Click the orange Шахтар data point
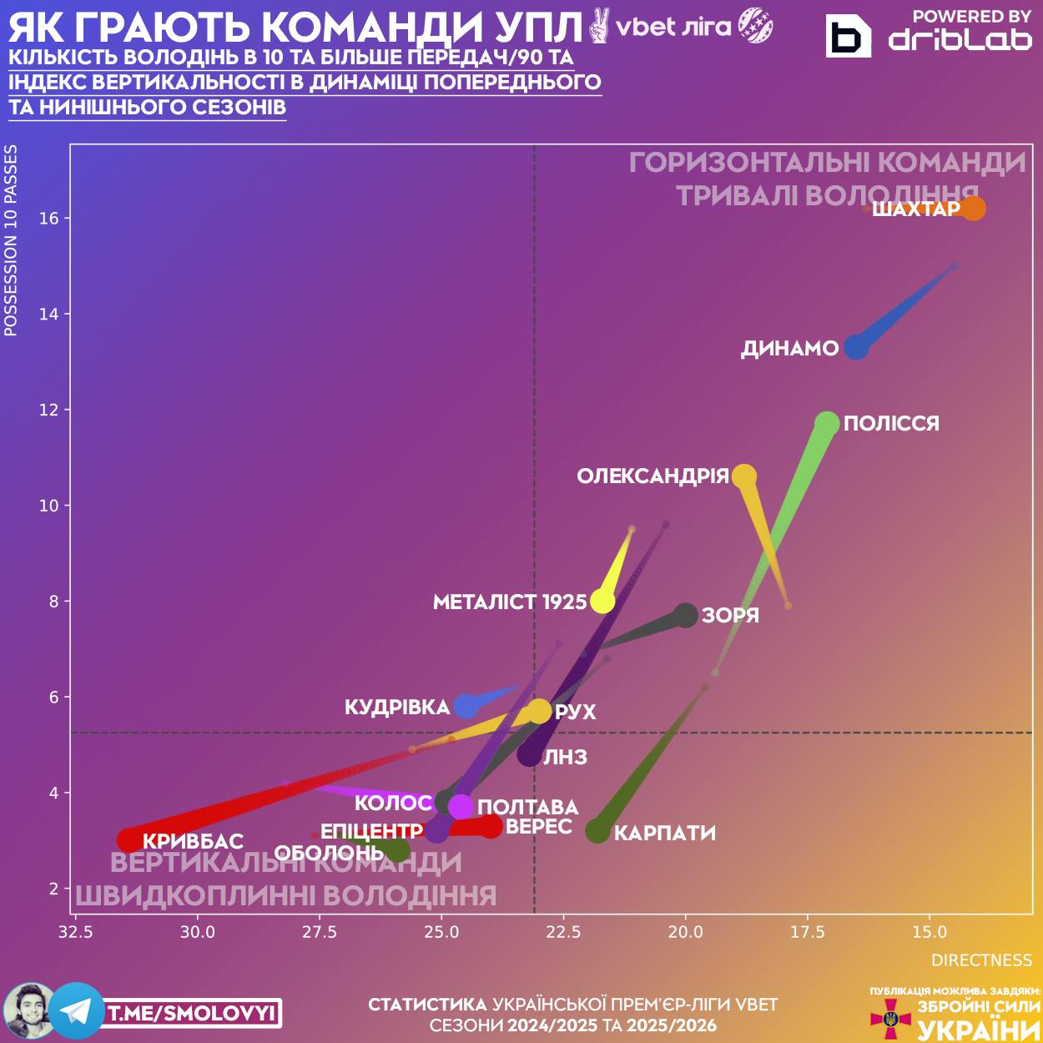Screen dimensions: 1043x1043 pos(973,208)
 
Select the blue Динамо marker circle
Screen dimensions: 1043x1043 pos(856,346)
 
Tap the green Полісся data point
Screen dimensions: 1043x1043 pos(826,424)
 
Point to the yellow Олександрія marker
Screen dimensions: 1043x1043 pos(743,476)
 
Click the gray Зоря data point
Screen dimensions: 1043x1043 pos(686,615)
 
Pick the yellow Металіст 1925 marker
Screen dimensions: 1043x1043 pos(602,601)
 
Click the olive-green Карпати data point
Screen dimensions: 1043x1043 pos(597,831)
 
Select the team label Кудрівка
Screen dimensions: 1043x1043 pos(397,708)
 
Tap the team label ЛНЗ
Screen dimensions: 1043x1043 pos(566,758)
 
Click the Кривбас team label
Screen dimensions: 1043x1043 pos(193,841)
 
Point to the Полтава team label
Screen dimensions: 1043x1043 pos(528,807)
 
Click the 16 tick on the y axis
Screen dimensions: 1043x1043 pos(49,219)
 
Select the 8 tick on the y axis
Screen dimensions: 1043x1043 pos(54,602)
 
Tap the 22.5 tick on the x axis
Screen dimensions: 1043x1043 pos(563,932)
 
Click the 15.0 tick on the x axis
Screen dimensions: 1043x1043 pos(930,932)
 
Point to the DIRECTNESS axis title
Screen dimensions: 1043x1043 pos(981,960)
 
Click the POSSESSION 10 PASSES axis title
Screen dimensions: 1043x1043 pos(11,240)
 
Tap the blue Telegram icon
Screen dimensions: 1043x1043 pos(77,1011)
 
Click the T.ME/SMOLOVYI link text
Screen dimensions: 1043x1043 pos(192,1014)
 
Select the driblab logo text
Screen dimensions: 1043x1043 pos(960,39)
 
